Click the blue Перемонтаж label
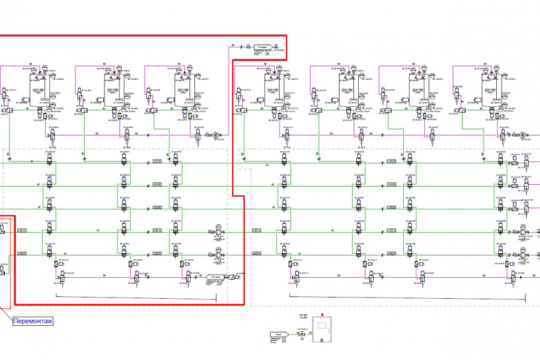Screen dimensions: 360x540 pos(33,321)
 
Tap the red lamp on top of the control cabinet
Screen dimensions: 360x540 pos(323,316)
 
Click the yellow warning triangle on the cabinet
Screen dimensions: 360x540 pos(322,340)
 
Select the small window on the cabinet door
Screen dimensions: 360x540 pos(322,327)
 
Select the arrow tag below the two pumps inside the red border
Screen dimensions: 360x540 pos(216,278)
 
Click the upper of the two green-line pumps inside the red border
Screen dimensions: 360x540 pos(218,232)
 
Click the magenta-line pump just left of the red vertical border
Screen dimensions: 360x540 pos(216,135)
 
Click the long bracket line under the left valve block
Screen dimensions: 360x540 pos(136,296)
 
